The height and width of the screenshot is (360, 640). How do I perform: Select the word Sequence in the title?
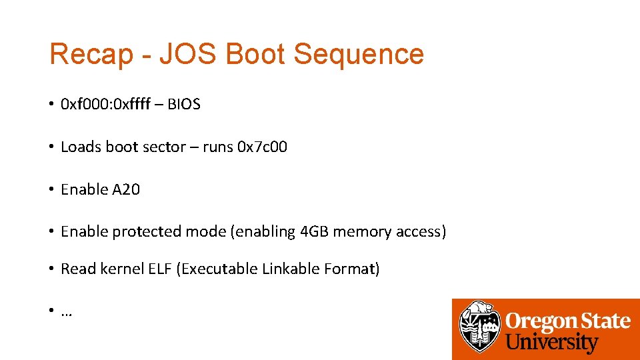pos(359,54)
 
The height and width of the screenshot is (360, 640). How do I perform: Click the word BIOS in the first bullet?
pos(183,105)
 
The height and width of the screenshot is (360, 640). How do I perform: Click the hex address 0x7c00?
pos(262,147)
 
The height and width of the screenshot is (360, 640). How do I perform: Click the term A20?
pos(126,189)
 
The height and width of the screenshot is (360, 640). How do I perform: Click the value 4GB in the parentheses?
pos(315,232)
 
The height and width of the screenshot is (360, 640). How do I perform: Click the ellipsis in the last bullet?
pos(67,313)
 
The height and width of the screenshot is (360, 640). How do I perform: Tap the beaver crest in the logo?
pos(480,327)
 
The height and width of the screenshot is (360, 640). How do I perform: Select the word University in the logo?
pos(552,343)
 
